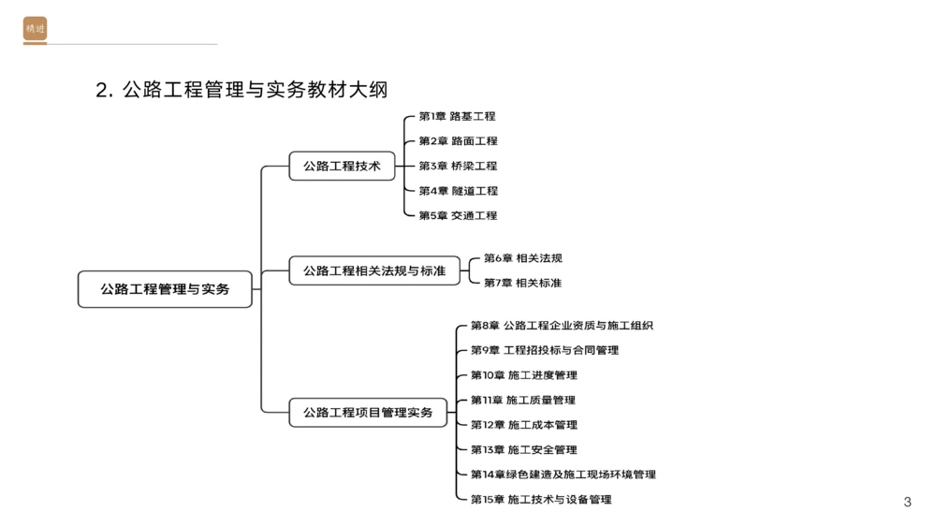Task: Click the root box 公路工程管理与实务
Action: point(165,289)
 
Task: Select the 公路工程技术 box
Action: point(342,166)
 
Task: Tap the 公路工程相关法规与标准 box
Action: point(374,270)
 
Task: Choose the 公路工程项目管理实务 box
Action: point(368,412)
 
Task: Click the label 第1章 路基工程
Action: point(457,116)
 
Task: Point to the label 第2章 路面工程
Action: point(458,141)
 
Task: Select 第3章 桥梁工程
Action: point(458,166)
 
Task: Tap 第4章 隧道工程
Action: point(458,191)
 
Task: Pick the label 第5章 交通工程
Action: point(458,215)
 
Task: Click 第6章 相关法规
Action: point(522,258)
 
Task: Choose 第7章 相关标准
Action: point(522,283)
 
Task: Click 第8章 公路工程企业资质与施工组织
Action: point(562,326)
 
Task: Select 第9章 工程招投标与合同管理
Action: point(544,350)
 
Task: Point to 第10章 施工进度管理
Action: point(523,375)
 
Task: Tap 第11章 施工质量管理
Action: point(522,401)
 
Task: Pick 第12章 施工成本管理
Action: point(523,425)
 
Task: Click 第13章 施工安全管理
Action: point(523,450)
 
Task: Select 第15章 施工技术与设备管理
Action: point(540,500)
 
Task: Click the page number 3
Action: point(907,503)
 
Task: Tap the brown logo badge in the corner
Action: point(35,29)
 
